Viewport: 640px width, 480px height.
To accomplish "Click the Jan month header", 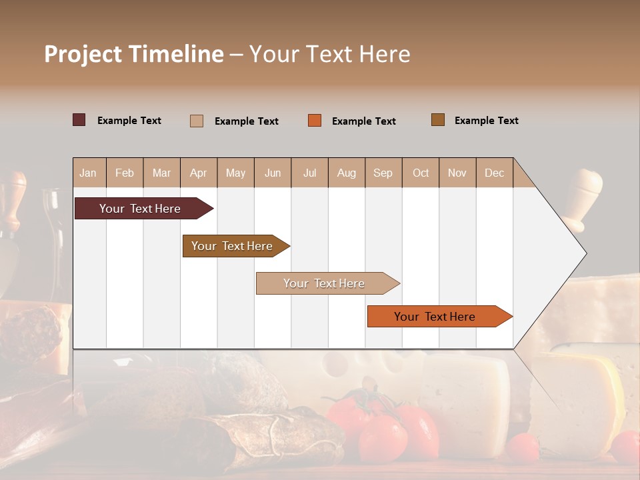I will point(88,173).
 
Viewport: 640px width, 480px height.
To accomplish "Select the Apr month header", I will point(198,173).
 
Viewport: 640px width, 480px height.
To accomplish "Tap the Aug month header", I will point(346,173).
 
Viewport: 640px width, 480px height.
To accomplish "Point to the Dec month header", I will point(494,173).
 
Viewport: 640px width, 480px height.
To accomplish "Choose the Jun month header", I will point(272,173).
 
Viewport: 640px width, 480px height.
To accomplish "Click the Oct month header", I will point(420,173).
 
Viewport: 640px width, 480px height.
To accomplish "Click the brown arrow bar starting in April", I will point(233,246).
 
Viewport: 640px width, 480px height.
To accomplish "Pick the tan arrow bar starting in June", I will point(325,283).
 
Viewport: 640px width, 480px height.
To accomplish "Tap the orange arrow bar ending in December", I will point(436,317).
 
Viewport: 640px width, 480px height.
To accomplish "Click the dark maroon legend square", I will point(79,120).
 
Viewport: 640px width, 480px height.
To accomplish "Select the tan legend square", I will point(197,121).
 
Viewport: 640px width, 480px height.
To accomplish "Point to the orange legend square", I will point(315,121).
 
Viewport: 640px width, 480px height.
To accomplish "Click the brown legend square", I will point(438,120).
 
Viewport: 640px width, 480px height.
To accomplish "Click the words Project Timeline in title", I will point(133,54).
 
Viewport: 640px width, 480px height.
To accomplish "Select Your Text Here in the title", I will point(330,54).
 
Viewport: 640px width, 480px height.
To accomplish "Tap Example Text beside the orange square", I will point(363,121).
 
